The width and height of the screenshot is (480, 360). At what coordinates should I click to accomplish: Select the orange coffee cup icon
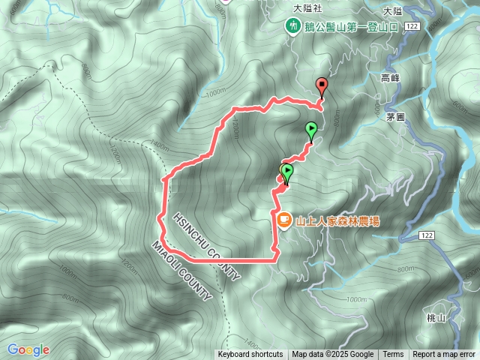pos(283,220)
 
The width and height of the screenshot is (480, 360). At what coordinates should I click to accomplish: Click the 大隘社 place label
pos(307,7)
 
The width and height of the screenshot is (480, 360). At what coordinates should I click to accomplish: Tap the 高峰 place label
pos(390,77)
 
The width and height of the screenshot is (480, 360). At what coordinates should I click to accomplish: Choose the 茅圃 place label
pos(395,117)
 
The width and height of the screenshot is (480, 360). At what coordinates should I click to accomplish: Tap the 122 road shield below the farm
pos(426,235)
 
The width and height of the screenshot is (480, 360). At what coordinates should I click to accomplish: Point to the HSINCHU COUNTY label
pos(208,245)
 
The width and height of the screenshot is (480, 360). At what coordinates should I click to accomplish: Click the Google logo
pos(28,349)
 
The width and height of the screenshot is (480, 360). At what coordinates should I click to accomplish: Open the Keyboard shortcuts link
pos(250,355)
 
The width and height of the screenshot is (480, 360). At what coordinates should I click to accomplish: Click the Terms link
pos(393,355)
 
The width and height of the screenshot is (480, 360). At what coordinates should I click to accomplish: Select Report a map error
pos(444,355)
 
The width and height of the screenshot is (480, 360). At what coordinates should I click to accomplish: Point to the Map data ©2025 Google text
pos(333,355)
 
